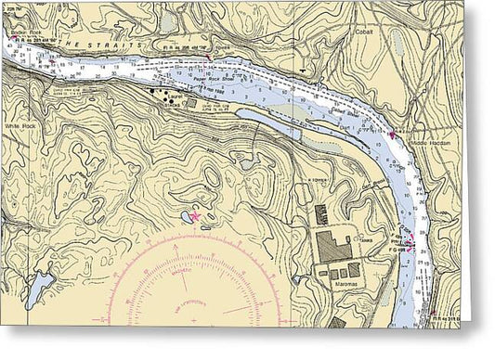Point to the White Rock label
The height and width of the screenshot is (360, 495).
pyautogui.click(x=20, y=126)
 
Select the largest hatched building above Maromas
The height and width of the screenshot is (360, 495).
pyautogui.click(x=334, y=246)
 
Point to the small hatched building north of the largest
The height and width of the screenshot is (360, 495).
pyautogui.click(x=320, y=214)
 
